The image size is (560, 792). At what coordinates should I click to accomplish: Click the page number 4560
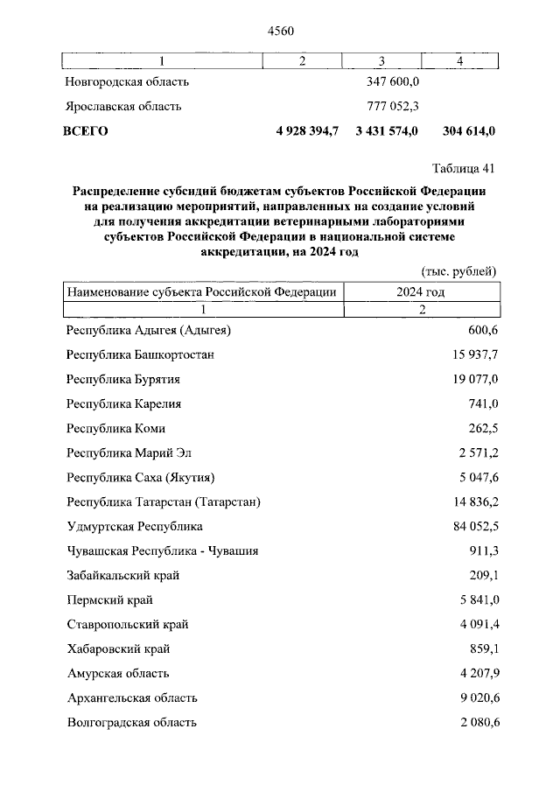[x=279, y=31]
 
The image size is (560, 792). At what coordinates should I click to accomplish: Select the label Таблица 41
[x=464, y=168]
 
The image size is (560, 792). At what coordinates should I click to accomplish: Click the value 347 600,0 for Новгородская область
[x=392, y=81]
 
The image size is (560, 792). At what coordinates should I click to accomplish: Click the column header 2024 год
[x=421, y=292]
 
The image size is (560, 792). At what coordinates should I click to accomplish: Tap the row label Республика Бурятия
[x=123, y=380]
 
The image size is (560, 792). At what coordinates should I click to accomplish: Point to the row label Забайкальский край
[x=124, y=576]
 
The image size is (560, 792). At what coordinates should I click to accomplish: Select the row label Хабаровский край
[x=118, y=649]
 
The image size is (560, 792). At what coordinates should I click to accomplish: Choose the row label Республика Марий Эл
[x=128, y=453]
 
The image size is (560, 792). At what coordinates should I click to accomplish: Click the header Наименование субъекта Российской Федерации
[x=202, y=292]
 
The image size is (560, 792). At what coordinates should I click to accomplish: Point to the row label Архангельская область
[x=132, y=698]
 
